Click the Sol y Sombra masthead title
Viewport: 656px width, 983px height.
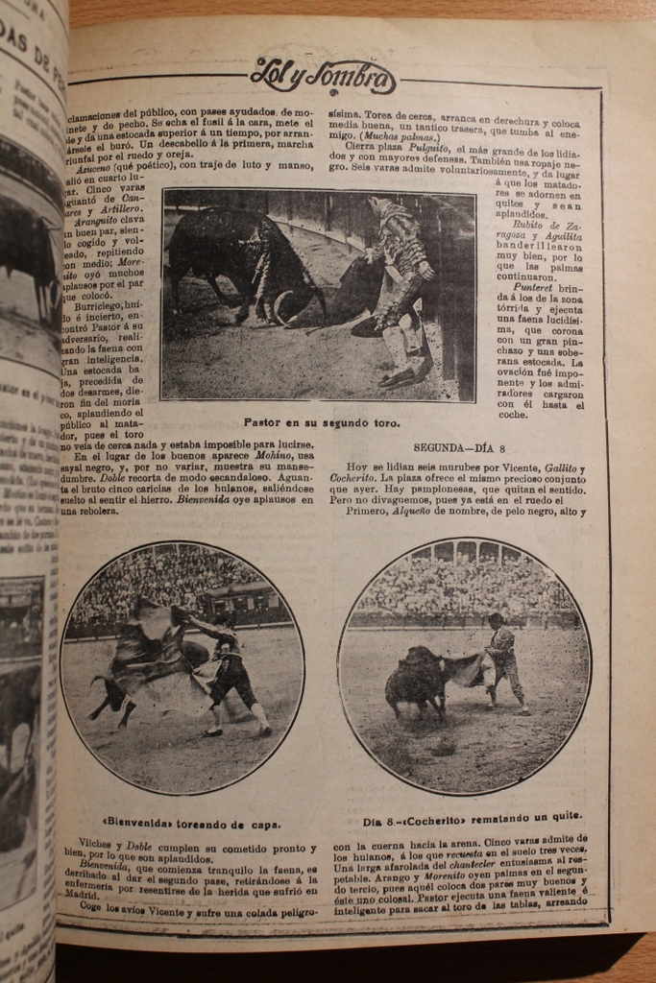pyautogui.click(x=322, y=76)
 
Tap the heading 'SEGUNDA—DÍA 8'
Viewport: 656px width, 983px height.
pyautogui.click(x=459, y=447)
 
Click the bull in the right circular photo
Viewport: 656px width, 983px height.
pyautogui.click(x=416, y=680)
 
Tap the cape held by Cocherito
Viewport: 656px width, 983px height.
pyautogui.click(x=467, y=668)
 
